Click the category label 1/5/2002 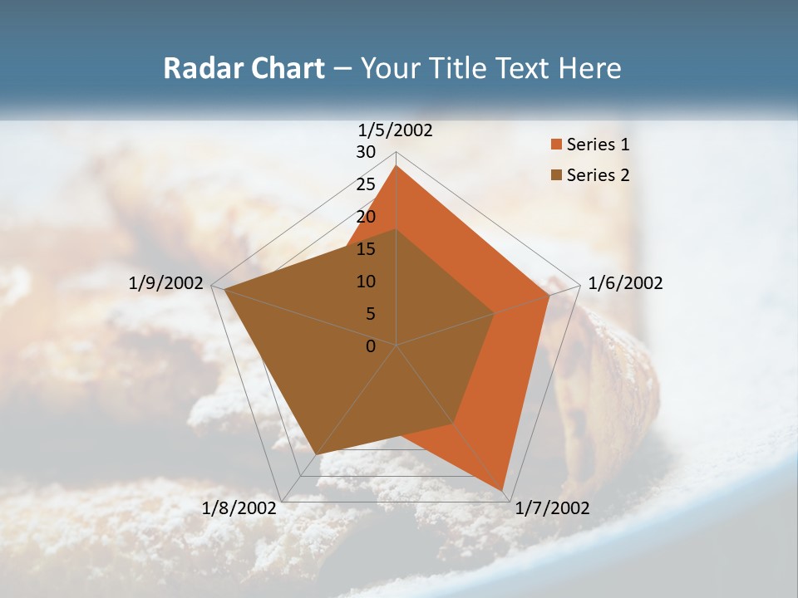[x=395, y=130]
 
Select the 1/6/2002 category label [x=625, y=283]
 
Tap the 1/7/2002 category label [x=552, y=508]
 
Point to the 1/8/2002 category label [x=239, y=508]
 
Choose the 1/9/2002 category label [x=165, y=283]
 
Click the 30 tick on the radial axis [x=366, y=152]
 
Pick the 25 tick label [x=366, y=184]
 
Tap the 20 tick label [x=366, y=217]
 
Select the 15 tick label [x=366, y=249]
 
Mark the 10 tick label [x=366, y=282]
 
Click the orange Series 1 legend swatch [x=556, y=145]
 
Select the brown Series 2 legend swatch [x=556, y=175]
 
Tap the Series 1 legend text [x=598, y=145]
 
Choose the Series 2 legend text [x=598, y=175]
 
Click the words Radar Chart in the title [x=244, y=69]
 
